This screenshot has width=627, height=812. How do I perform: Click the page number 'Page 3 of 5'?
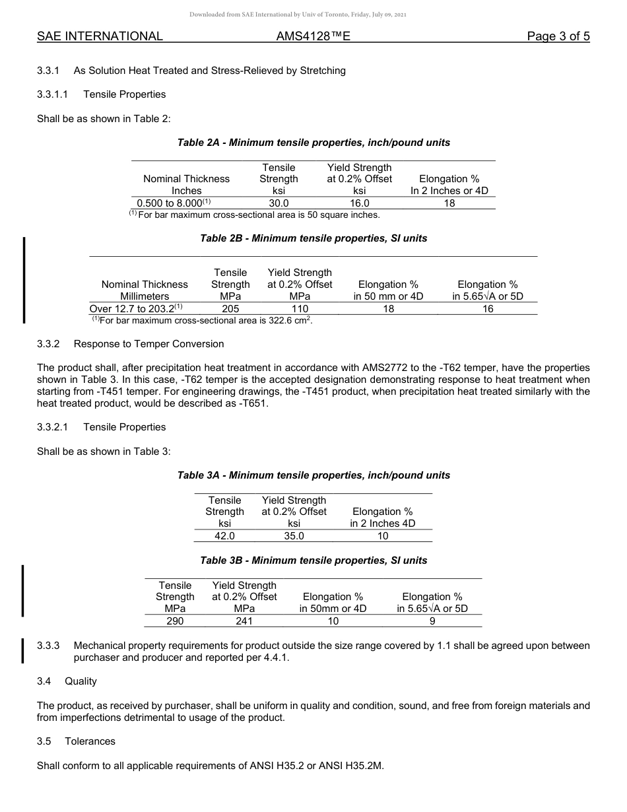(x=558, y=36)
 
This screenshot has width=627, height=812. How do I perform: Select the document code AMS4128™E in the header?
(x=313, y=36)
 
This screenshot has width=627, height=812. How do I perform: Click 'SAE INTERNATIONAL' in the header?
(x=100, y=36)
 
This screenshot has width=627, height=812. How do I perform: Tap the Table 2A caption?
(x=313, y=143)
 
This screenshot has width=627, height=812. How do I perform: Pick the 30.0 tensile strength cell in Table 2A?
(x=279, y=203)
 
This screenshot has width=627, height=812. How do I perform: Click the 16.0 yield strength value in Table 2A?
(x=359, y=203)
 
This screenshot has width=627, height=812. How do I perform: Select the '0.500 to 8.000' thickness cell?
(x=173, y=203)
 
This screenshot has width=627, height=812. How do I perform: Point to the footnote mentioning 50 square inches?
(x=255, y=215)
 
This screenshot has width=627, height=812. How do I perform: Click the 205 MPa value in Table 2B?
(x=230, y=308)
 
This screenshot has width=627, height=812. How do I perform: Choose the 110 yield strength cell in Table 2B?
(x=300, y=308)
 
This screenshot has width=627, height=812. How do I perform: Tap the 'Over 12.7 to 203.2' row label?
(x=135, y=308)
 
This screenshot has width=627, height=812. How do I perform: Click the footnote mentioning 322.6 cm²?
(x=202, y=320)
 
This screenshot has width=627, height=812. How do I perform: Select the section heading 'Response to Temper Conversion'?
(x=148, y=344)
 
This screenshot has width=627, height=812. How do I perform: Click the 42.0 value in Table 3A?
(x=224, y=536)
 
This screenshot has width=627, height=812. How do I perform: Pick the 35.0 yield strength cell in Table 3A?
(x=294, y=536)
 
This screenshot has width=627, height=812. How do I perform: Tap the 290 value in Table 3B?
(x=175, y=621)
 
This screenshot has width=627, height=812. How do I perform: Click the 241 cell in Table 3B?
(x=244, y=621)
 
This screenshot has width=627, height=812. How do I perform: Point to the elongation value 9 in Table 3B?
(x=432, y=621)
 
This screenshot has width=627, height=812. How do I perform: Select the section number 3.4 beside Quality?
(x=44, y=681)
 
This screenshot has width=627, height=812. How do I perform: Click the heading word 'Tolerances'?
(x=90, y=741)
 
